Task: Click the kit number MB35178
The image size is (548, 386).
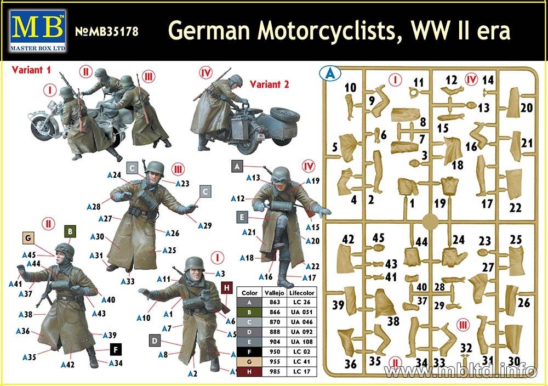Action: point(107,31)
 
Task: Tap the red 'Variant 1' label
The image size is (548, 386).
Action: point(31,70)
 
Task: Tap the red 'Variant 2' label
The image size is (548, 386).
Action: point(270,84)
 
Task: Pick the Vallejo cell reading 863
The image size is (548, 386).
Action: point(275,302)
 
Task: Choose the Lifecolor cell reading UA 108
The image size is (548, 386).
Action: point(300,342)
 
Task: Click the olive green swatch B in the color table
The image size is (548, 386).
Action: point(249,312)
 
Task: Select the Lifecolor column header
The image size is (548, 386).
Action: point(302,293)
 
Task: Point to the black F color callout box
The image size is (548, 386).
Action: point(116,349)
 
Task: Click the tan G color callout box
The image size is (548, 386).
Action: point(28,238)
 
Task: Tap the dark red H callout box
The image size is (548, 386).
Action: point(227,288)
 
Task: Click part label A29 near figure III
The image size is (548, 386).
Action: point(205,225)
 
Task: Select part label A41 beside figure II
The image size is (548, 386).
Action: point(15,284)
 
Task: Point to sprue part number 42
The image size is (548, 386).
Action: point(348,239)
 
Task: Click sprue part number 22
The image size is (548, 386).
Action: point(515,208)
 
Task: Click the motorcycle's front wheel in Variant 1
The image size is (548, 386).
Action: point(42,127)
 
